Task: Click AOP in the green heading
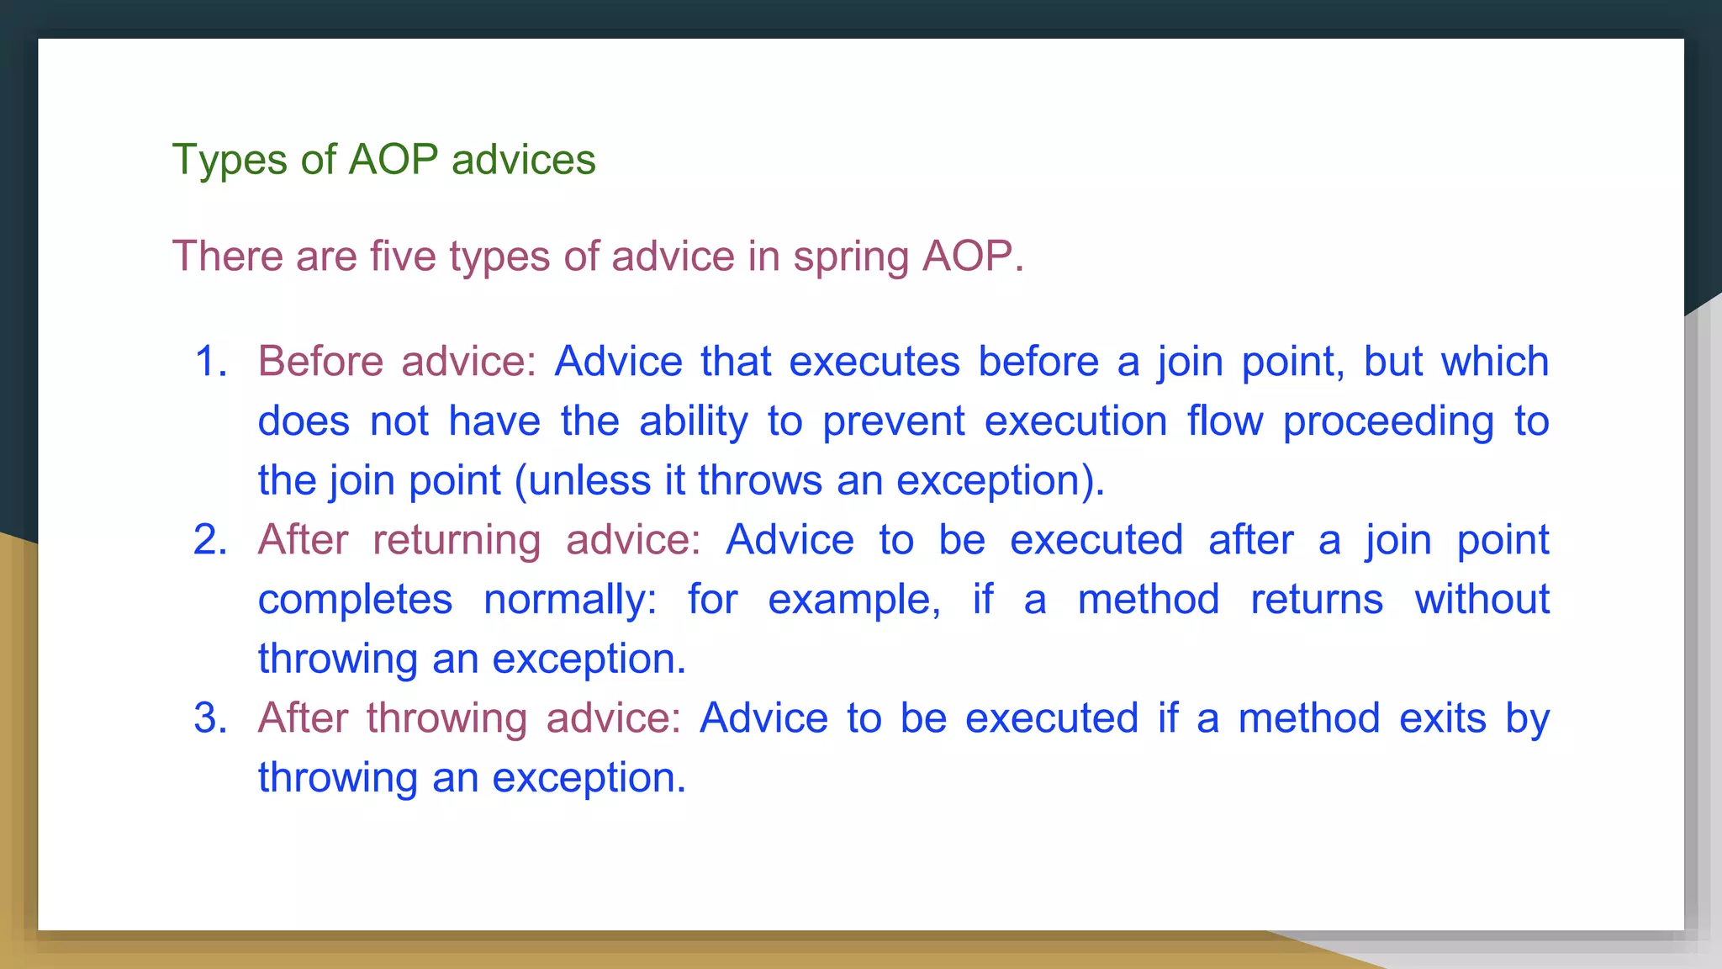393,160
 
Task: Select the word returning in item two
457,540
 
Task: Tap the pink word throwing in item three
446,718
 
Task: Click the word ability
693,421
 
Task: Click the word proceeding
1388,421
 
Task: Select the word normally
569,600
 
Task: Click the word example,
854,600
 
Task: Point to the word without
1482,600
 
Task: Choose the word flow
1225,421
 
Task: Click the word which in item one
1494,362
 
